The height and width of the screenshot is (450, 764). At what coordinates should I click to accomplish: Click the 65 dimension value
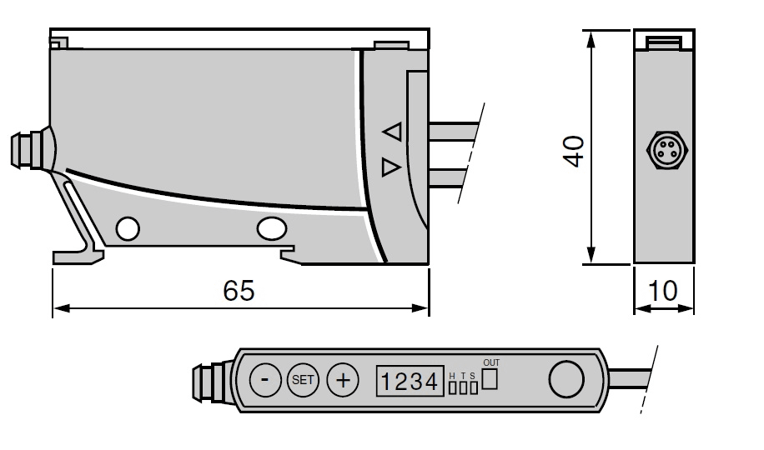point(239,291)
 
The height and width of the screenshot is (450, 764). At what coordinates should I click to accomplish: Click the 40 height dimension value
point(574,151)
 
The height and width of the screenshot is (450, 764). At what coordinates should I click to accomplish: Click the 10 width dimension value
point(662,291)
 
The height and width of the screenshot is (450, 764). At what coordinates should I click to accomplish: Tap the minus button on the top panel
point(265,380)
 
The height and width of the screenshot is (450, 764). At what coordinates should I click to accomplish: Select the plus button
point(343,380)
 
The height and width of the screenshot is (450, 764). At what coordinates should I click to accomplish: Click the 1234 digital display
point(410,381)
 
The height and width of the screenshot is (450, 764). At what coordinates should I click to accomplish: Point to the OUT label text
point(491,362)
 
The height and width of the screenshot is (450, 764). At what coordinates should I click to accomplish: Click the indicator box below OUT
point(490,379)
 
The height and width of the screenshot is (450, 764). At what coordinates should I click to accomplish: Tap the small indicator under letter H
point(453,387)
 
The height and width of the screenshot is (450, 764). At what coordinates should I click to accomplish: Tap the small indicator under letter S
point(474,387)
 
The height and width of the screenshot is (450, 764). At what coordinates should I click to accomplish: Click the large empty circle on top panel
point(566,380)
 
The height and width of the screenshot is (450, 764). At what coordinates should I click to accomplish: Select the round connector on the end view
point(666,150)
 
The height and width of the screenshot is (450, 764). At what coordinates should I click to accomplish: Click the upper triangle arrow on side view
point(392,132)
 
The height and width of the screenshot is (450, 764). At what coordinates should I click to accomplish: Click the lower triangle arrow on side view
point(391,167)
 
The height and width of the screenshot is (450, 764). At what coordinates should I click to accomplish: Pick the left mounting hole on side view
point(128,228)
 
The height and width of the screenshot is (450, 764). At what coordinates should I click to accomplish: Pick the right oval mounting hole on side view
point(272,228)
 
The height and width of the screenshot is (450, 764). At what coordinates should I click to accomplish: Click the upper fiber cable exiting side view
point(454,132)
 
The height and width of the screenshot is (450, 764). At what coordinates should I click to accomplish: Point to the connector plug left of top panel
point(213,382)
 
